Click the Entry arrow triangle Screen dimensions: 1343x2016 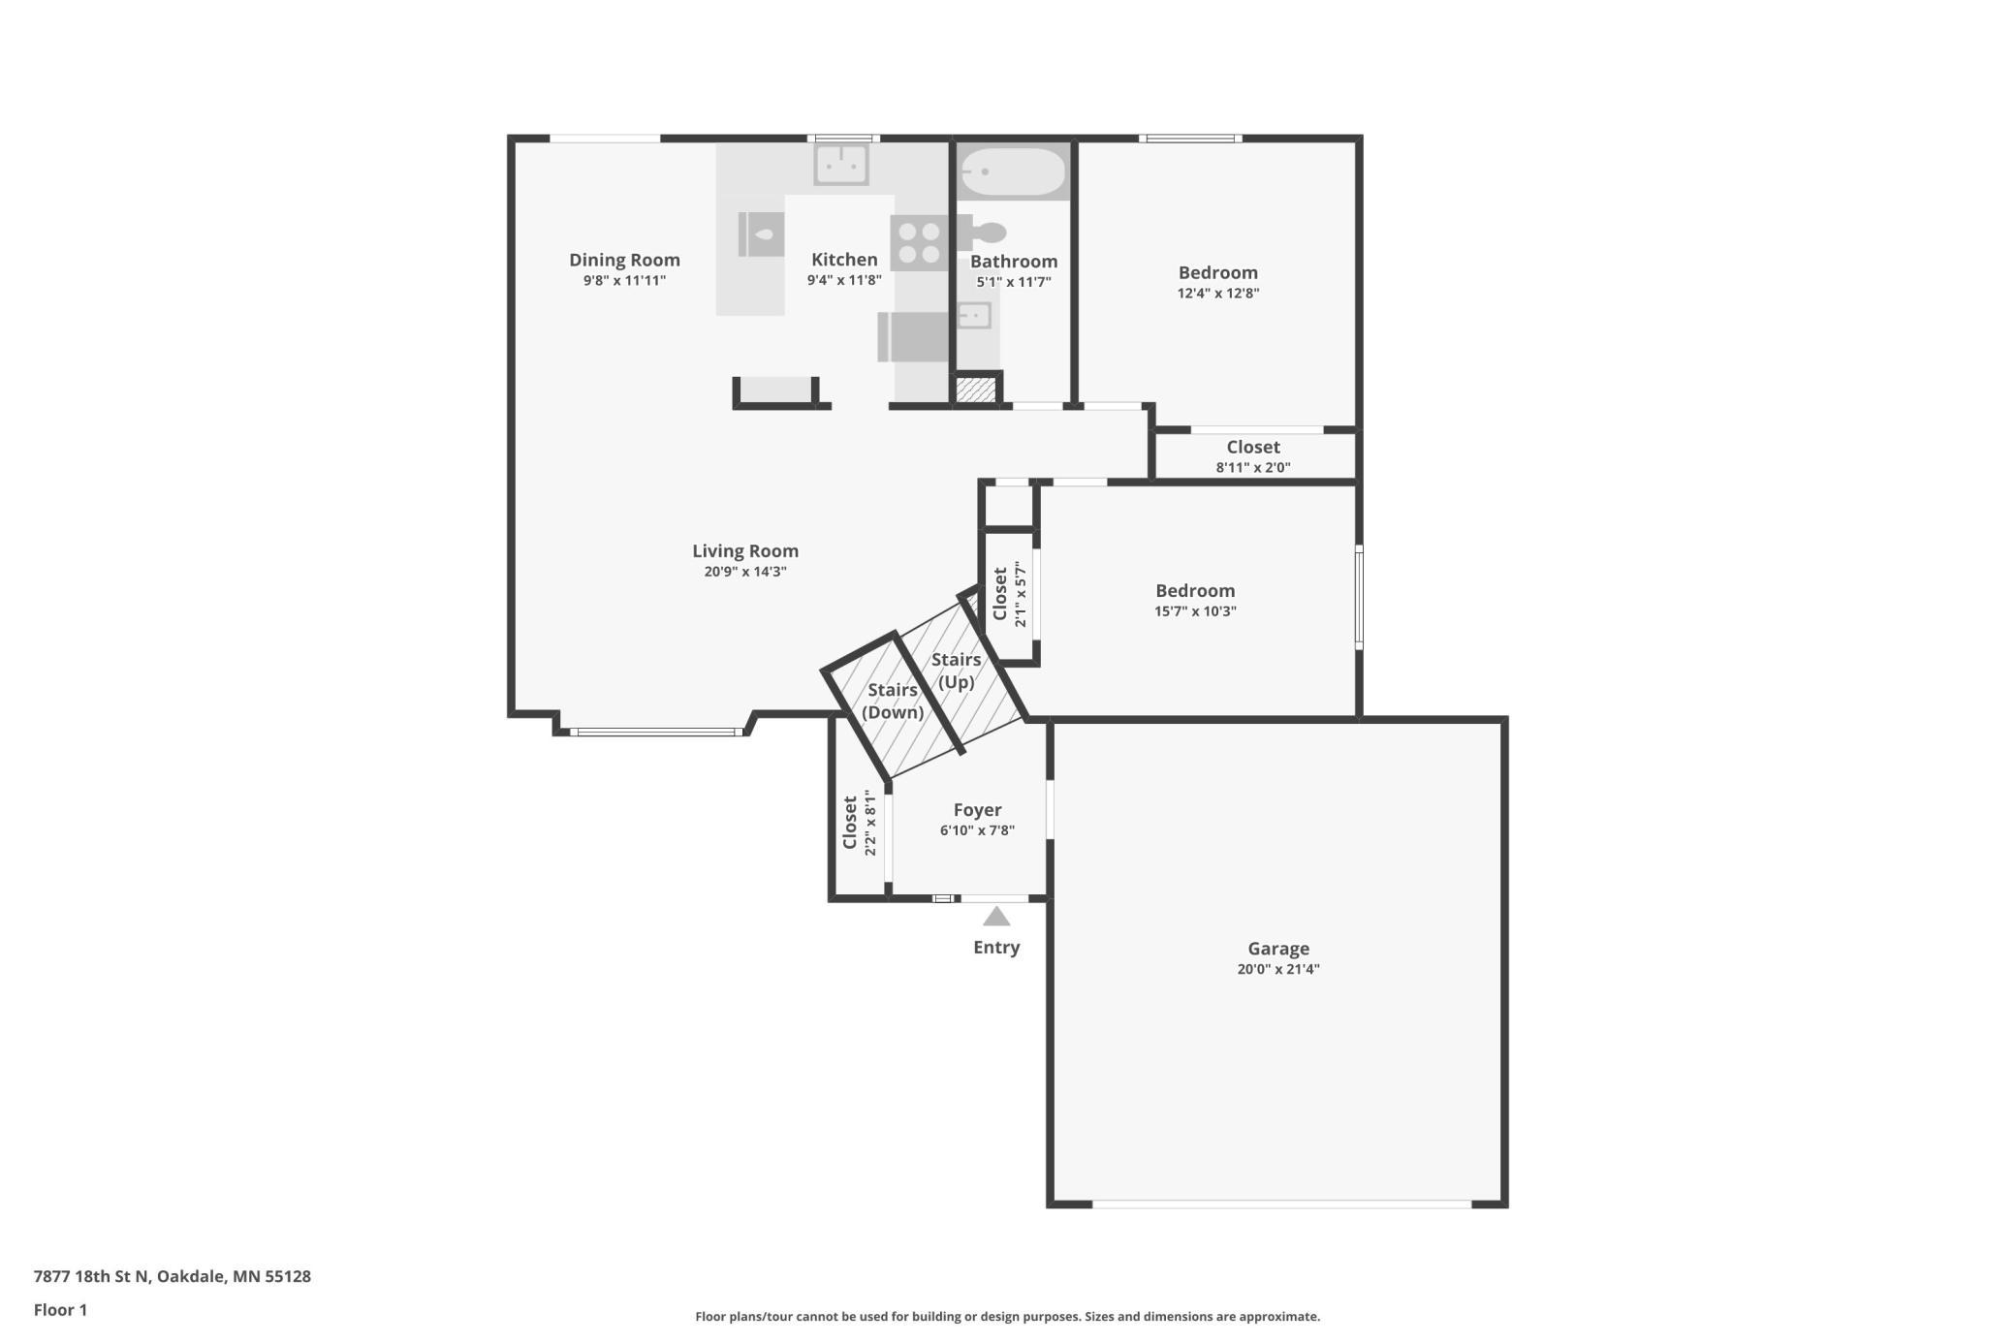pos(996,917)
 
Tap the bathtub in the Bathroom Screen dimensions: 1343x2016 pos(1013,172)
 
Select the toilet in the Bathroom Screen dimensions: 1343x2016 pos(988,233)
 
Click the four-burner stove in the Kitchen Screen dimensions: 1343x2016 pos(918,243)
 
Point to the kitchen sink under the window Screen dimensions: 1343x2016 pos(840,165)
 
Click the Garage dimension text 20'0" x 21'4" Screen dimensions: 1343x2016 pos(1277,969)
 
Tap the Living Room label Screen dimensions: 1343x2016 pos(744,550)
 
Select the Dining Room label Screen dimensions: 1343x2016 pos(624,260)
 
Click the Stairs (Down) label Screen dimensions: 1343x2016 pos(892,701)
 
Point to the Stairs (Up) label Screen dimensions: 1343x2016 pos(956,670)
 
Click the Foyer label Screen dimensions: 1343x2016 pos(977,810)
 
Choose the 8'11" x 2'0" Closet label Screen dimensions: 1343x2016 pos(1252,447)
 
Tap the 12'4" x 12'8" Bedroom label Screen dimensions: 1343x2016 pos(1217,272)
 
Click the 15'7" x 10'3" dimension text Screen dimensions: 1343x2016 pos(1194,611)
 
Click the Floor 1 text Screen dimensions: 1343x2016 pos(60,1310)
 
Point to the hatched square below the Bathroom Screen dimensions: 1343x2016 pos(975,390)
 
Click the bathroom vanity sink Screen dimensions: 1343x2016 pos(974,315)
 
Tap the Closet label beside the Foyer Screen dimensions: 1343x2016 pos(850,822)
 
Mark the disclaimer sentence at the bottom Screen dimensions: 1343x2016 pos(1007,1316)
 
